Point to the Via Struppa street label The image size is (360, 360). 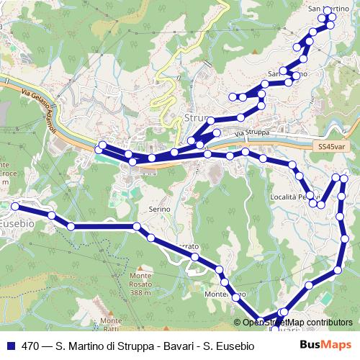click(251, 133)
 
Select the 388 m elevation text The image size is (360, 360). click(141, 293)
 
